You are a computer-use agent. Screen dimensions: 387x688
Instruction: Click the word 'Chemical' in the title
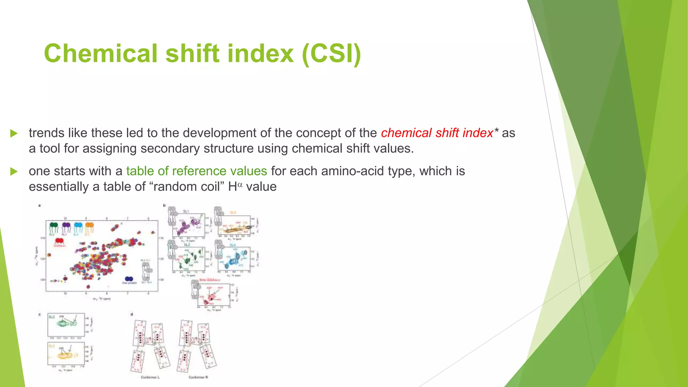(x=100, y=54)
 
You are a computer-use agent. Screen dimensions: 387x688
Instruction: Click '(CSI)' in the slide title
(x=331, y=54)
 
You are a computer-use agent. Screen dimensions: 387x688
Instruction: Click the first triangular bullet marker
(x=14, y=133)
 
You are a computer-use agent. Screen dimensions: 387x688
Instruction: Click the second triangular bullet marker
(x=14, y=172)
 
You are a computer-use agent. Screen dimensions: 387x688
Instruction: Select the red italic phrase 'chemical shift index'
(x=437, y=133)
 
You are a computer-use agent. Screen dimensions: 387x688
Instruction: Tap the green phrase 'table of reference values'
(x=197, y=171)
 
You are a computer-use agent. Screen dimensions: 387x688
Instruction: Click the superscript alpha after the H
(x=240, y=184)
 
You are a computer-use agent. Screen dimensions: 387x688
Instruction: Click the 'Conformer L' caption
(x=150, y=377)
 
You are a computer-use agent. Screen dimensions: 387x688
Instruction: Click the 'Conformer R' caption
(x=198, y=377)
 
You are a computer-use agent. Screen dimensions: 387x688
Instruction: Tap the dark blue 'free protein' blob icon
(x=129, y=279)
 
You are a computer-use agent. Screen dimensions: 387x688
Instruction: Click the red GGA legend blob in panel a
(x=59, y=241)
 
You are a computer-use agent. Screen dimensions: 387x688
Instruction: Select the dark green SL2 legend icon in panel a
(x=53, y=225)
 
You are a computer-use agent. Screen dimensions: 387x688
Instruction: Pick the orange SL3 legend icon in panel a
(x=89, y=225)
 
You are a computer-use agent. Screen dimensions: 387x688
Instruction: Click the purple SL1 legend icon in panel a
(x=66, y=225)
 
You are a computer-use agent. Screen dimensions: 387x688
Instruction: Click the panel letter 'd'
(x=132, y=314)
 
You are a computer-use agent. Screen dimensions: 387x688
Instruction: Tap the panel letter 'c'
(x=40, y=314)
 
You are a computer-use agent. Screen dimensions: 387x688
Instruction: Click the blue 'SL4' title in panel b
(x=232, y=245)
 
